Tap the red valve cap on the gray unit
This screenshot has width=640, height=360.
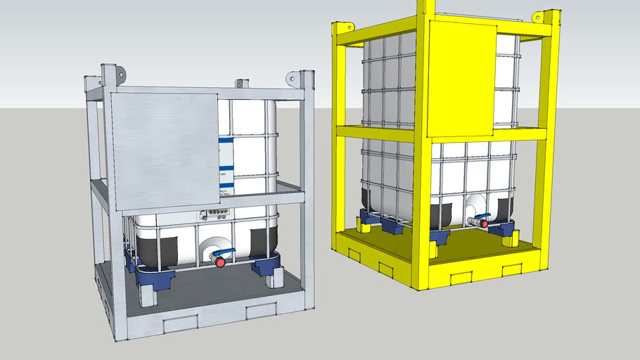pyautogui.click(x=219, y=262)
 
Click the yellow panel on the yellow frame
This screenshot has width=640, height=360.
pyautogui.click(x=461, y=77)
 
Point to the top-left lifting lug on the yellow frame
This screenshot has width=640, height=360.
pyautogui.click(x=345, y=28)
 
